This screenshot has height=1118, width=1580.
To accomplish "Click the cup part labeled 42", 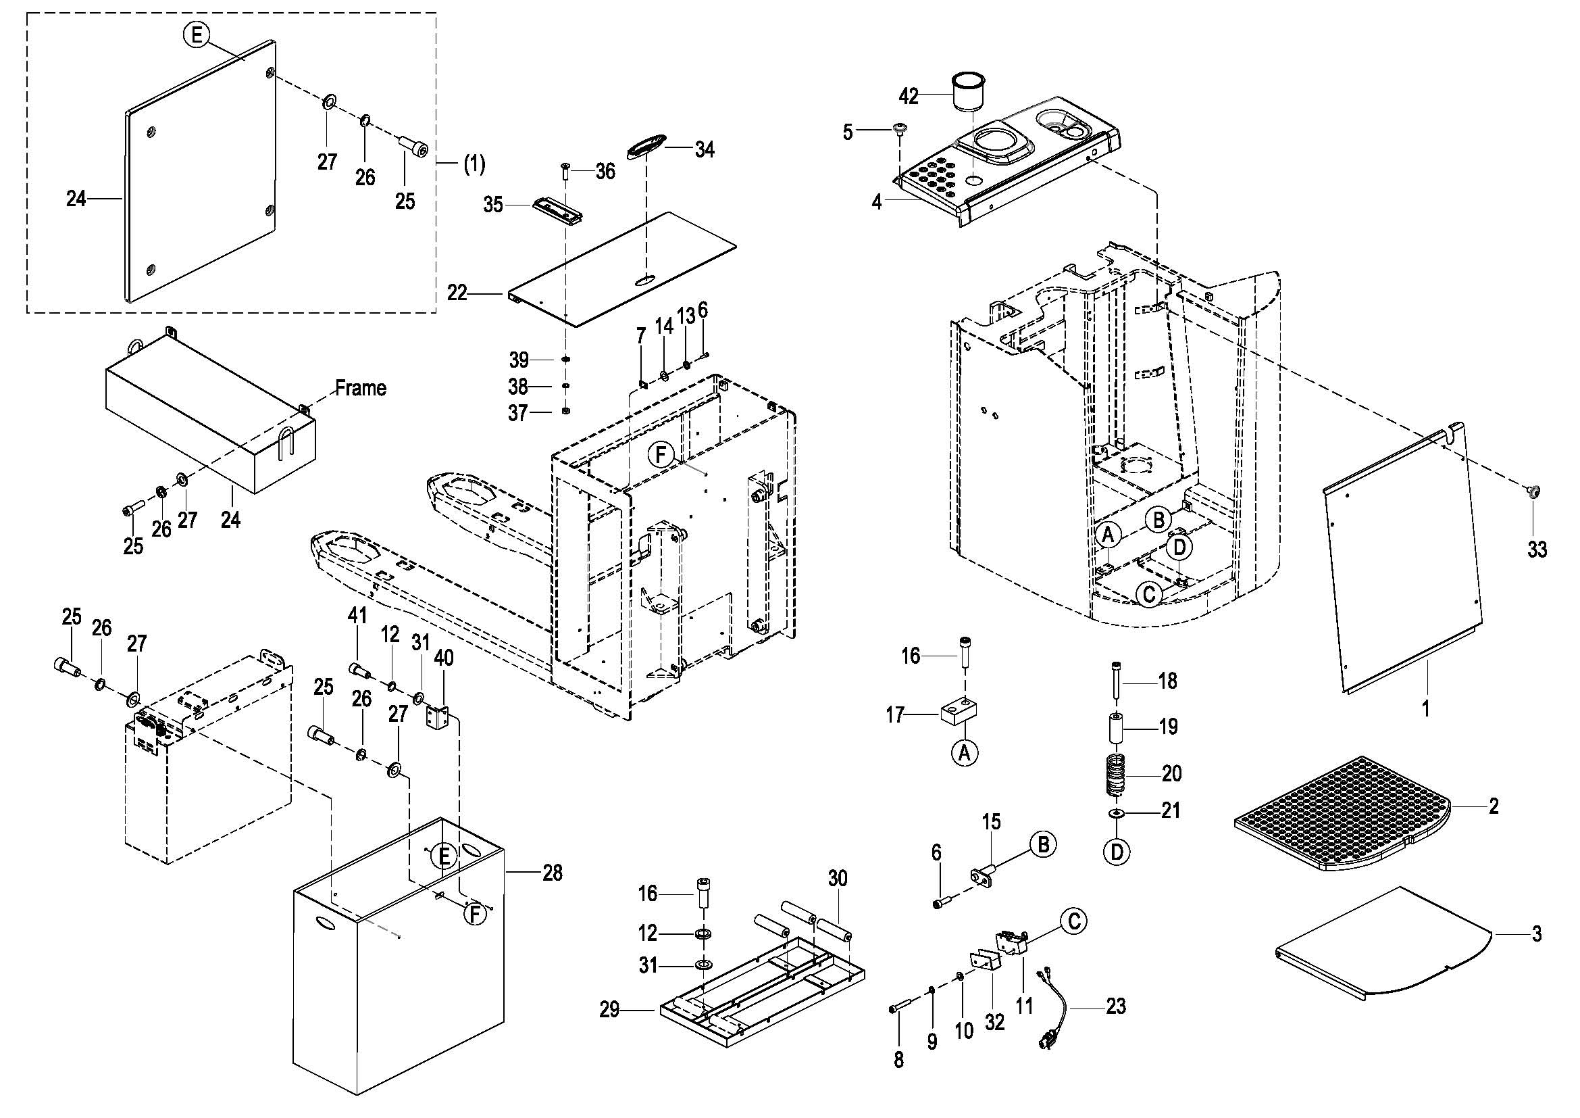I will click(x=969, y=89).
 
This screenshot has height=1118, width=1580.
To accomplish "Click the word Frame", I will click(x=361, y=388).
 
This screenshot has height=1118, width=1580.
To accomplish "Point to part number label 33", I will click(x=1537, y=550).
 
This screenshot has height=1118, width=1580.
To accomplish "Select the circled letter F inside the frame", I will click(x=661, y=455).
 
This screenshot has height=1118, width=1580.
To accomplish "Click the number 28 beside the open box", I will click(x=552, y=873).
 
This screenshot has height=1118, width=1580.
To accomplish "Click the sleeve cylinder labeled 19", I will click(x=1117, y=729).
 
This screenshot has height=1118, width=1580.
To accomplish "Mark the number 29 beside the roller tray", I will click(x=609, y=1010).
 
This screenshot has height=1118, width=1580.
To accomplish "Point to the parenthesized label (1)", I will click(x=473, y=164).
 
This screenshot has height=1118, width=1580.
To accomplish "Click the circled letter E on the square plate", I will click(x=197, y=34).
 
